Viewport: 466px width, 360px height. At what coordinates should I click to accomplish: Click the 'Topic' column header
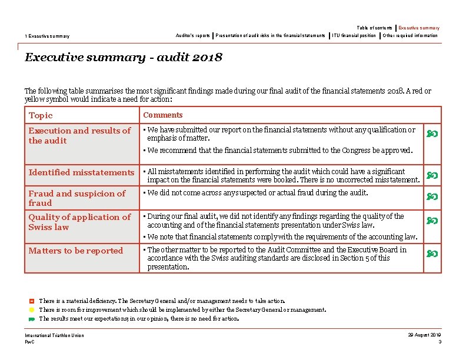point(41,116)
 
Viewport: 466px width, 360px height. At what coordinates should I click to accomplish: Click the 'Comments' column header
point(163,115)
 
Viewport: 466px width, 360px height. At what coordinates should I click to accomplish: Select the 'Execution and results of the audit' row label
point(79,136)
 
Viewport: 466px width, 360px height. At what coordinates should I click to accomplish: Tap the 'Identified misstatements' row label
point(81,172)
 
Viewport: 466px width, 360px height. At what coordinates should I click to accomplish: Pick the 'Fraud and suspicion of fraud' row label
point(77,198)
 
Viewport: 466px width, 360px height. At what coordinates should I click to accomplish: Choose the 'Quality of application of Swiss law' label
point(79,222)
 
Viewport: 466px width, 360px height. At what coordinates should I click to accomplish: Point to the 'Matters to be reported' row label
point(76,251)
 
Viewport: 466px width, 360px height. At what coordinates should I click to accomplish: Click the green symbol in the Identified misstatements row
point(432,175)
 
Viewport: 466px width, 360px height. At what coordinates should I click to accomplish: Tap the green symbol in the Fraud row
point(432,196)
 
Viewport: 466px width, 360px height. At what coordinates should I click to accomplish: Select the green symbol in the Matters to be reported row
point(432,254)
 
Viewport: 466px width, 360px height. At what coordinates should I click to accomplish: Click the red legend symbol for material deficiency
point(32,301)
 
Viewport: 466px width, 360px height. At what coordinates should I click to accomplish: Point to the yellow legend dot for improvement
point(32,310)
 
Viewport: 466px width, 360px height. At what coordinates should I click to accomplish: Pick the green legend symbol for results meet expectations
point(32,319)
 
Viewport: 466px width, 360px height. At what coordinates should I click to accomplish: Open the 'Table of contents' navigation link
point(374,28)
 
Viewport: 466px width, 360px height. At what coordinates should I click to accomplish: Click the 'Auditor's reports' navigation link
point(192,35)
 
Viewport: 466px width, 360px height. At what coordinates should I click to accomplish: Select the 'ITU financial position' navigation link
point(354,35)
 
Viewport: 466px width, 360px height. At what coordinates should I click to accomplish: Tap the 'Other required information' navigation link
point(410,35)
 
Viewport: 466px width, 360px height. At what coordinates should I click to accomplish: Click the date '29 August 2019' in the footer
point(424,335)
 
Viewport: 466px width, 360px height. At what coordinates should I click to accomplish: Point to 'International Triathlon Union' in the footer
point(54,335)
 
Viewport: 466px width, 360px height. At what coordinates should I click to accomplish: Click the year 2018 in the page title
point(207,58)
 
